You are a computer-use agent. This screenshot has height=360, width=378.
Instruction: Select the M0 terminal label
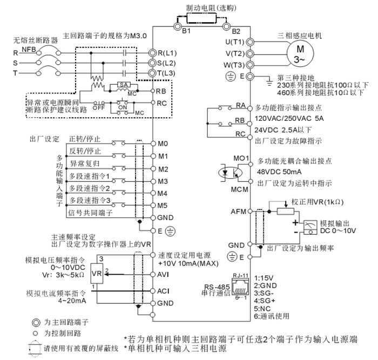pyautogui.click(x=163, y=144)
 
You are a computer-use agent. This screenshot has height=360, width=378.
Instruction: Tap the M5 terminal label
pyautogui.click(x=163, y=205)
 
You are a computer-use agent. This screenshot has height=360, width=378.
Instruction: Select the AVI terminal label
pyautogui.click(x=164, y=274)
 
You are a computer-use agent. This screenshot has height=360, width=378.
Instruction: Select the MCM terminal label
pyautogui.click(x=240, y=190)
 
